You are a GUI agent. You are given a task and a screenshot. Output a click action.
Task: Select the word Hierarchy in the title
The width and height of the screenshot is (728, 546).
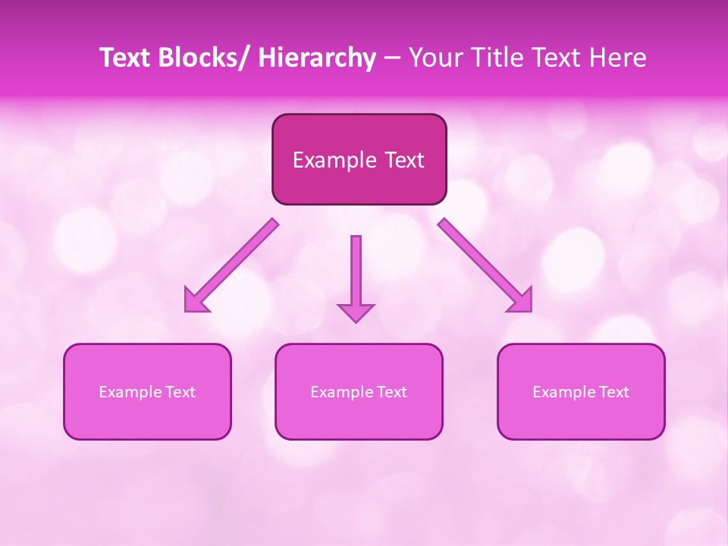317,58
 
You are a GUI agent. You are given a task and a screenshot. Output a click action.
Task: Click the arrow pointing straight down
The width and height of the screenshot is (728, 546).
356,273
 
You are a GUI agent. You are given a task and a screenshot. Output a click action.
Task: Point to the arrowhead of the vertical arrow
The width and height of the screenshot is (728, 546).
356,312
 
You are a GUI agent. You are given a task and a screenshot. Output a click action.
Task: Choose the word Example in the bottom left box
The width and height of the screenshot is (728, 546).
130,392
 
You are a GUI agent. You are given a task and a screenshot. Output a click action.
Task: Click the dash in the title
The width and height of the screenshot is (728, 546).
392,58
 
